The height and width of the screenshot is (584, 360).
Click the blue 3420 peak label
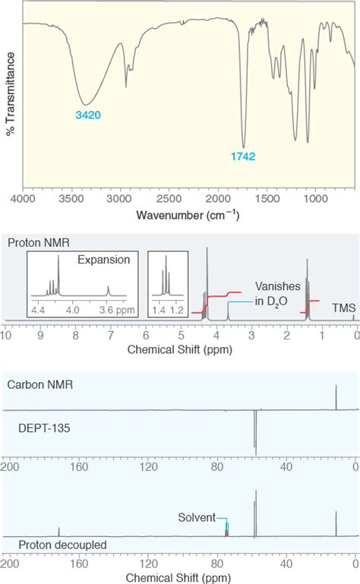point(88,115)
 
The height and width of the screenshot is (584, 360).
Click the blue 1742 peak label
point(243,156)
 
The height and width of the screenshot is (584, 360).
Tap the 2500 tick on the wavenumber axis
point(169,198)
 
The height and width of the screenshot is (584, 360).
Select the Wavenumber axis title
point(188,215)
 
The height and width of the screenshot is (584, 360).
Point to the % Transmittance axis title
point(11,94)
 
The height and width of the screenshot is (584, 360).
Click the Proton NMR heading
point(39,243)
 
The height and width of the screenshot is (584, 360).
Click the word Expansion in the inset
point(103,260)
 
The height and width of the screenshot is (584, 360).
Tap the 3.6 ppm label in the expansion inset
point(117,310)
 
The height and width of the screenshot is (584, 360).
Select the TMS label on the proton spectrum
point(343,308)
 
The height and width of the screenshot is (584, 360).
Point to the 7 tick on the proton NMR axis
point(110,336)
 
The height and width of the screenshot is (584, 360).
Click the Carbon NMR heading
point(40,384)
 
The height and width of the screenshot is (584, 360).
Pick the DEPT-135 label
point(44,428)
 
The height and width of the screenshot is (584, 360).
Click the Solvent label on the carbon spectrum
point(197,517)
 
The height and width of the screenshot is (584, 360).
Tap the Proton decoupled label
point(62,545)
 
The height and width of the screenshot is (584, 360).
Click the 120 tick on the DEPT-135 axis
point(148,467)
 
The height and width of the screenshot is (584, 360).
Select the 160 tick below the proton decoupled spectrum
point(79,563)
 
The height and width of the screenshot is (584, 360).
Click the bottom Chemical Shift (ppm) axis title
point(178,578)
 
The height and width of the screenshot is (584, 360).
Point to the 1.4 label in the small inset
point(159,310)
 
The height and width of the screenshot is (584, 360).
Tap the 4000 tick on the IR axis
point(23,198)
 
